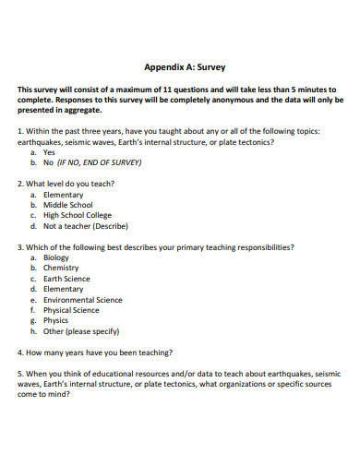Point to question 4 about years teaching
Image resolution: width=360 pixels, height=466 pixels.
tap(102, 352)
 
